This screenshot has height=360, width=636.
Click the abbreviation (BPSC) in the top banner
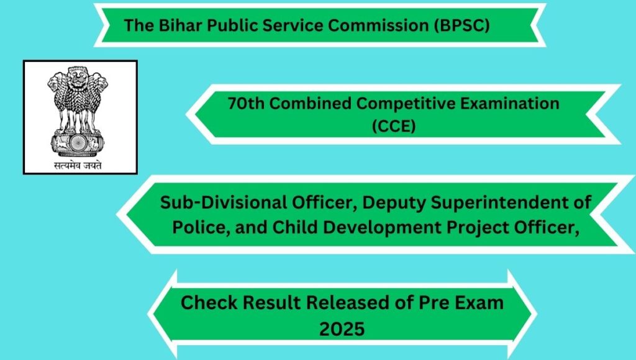(x=461, y=25)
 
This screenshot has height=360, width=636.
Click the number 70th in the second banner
(x=246, y=104)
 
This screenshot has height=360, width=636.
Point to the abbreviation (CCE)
(x=394, y=126)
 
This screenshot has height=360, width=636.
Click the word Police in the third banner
(x=196, y=227)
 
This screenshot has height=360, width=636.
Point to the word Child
(x=294, y=227)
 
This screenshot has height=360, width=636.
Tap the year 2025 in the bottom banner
(x=342, y=329)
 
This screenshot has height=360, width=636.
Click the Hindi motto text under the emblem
(x=78, y=165)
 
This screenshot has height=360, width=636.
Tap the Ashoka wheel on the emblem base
(x=78, y=143)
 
